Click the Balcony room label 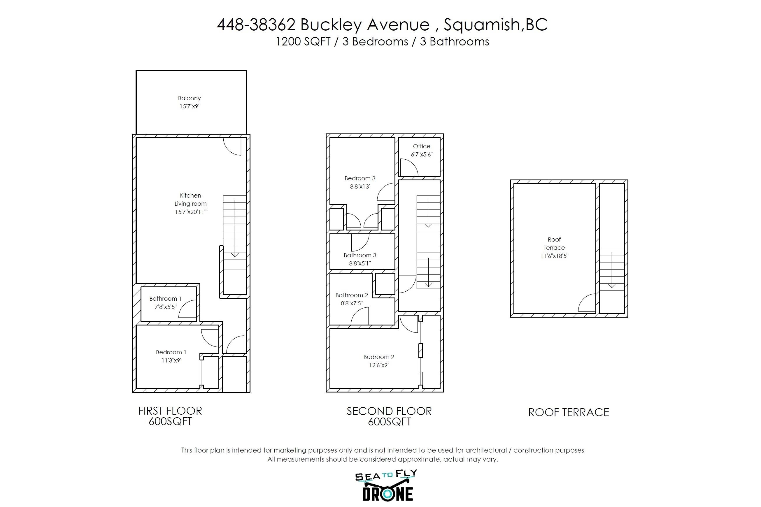click(x=189, y=98)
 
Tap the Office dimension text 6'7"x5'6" click(x=422, y=154)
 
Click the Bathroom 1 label click(x=165, y=298)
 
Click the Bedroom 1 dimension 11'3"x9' click(x=171, y=360)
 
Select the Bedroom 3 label click(x=360, y=178)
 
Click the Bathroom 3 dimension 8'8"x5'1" click(x=360, y=263)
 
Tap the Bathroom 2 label click(x=352, y=295)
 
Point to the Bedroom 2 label click(x=378, y=357)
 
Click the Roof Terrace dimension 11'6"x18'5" click(x=554, y=256)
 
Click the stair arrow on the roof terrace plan click(x=611, y=270)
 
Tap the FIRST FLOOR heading click(x=170, y=411)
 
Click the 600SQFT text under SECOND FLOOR click(x=389, y=422)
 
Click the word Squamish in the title click(x=481, y=24)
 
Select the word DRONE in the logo click(x=387, y=494)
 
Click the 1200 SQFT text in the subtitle click(x=303, y=42)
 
